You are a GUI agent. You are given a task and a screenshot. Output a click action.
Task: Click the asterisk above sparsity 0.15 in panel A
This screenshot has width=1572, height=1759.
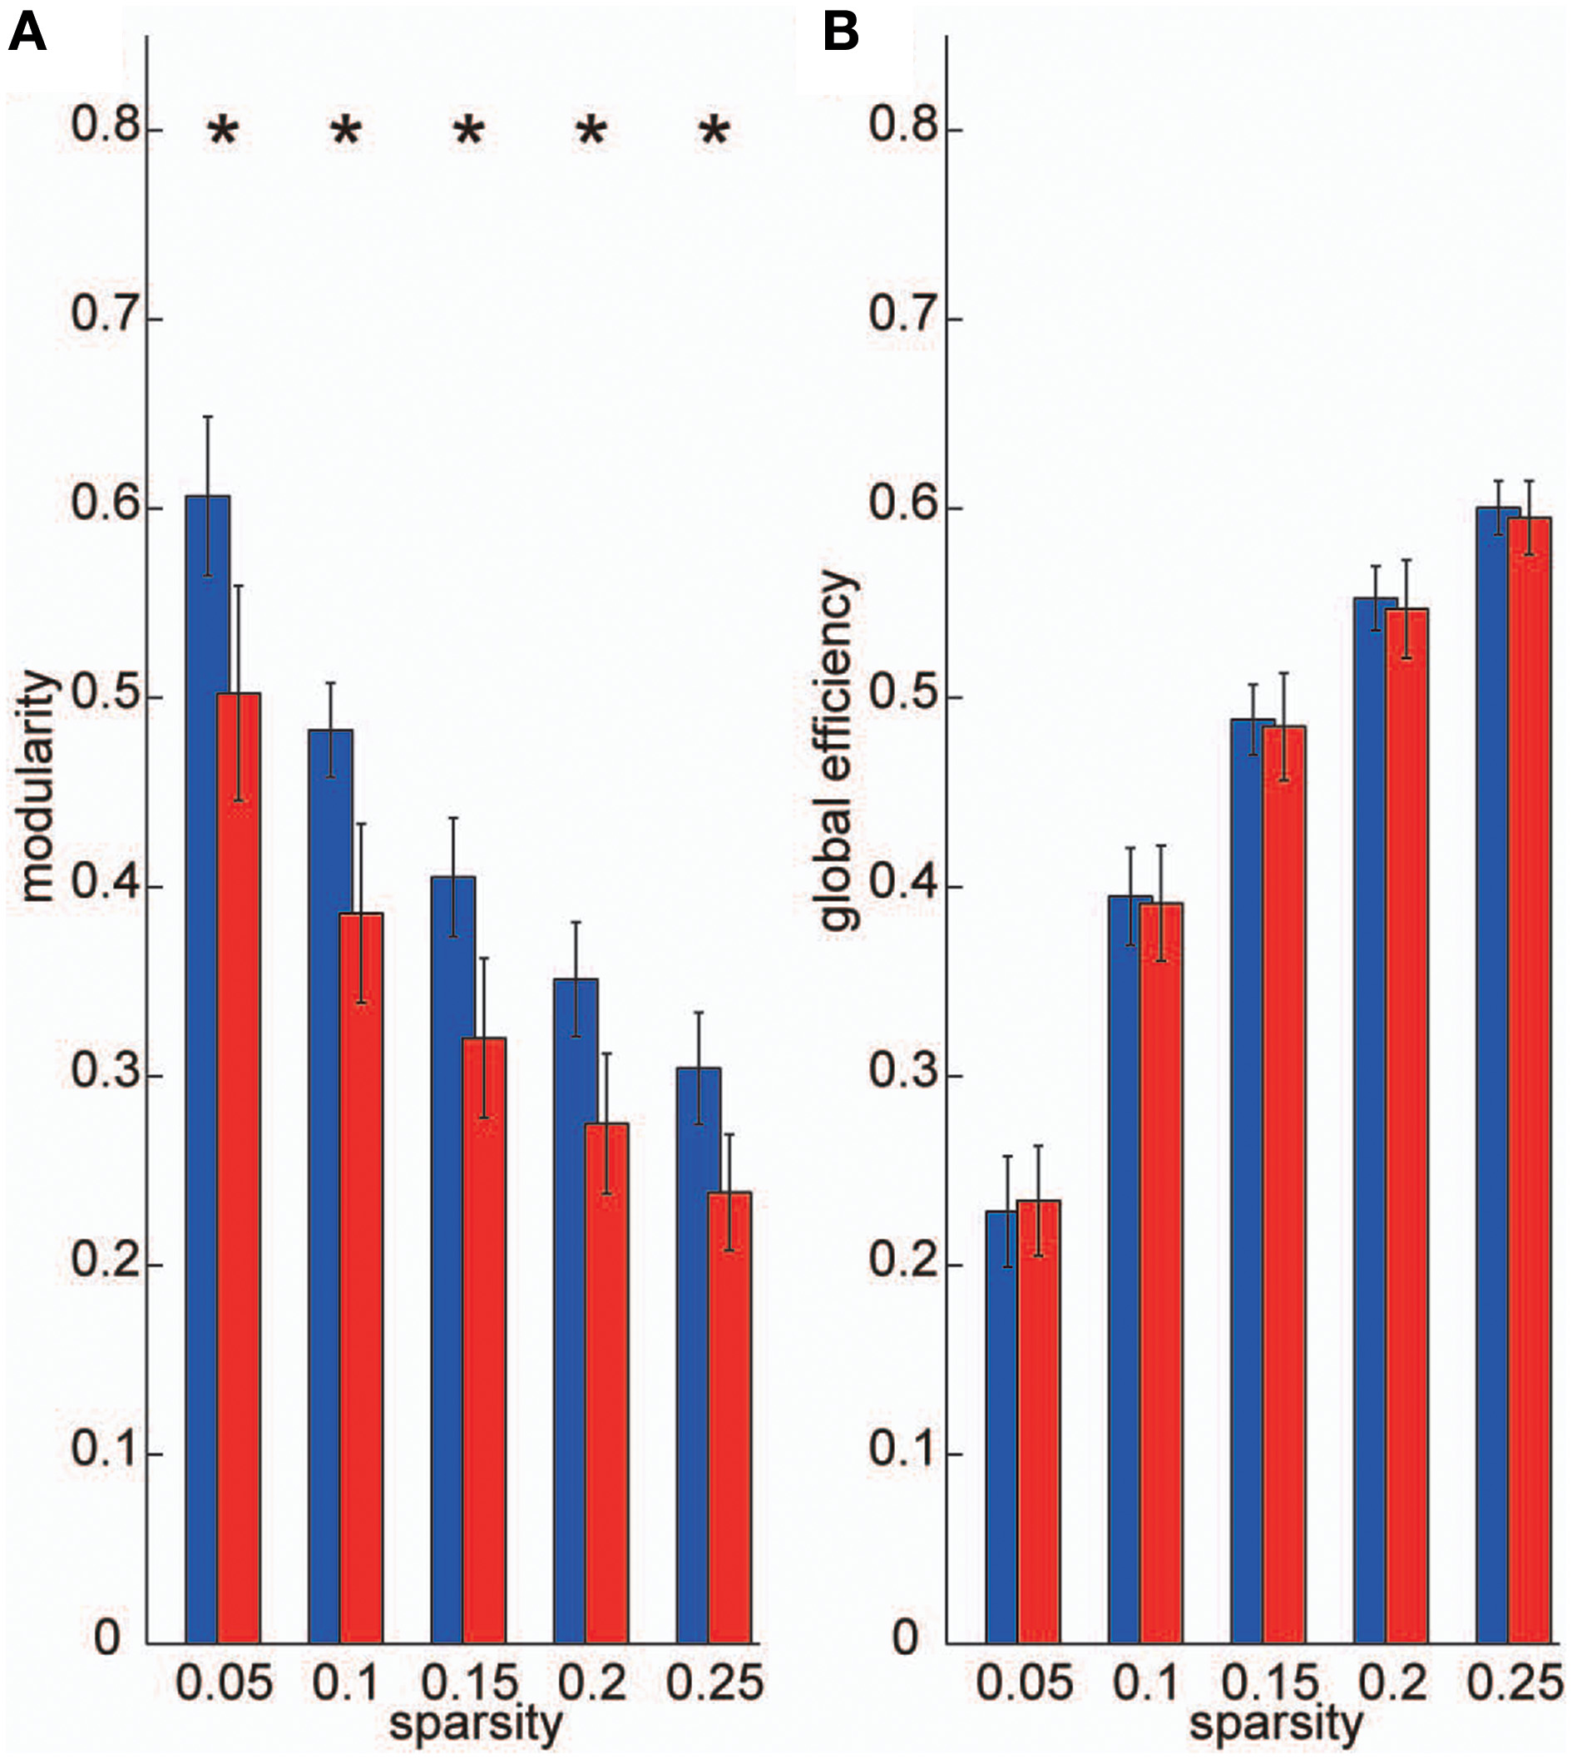tap(469, 132)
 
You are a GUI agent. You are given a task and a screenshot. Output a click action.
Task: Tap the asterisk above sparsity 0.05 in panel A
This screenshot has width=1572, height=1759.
tap(222, 132)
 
